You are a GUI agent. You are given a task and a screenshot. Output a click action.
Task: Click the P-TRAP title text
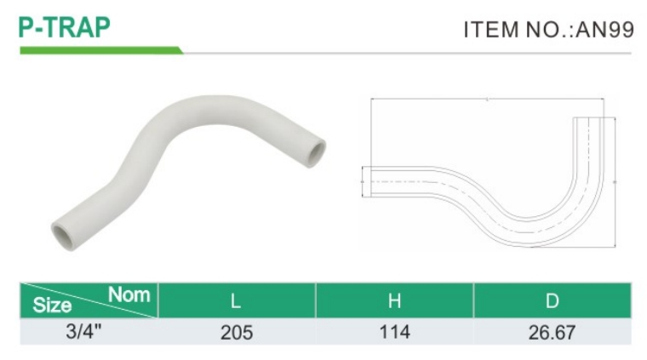[65, 27]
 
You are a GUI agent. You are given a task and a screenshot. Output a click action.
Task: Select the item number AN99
[605, 30]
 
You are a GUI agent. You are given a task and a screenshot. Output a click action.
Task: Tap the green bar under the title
[101, 50]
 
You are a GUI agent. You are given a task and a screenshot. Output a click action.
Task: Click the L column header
[236, 301]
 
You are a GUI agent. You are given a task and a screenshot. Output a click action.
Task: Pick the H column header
[394, 301]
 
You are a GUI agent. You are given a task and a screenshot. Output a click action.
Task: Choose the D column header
[553, 301]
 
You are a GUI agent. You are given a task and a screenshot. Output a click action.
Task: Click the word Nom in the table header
[129, 294]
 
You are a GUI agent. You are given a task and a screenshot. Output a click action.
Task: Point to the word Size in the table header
[52, 306]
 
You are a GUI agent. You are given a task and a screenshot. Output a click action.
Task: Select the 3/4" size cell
[83, 332]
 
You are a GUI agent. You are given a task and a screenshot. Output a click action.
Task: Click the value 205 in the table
[237, 333]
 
